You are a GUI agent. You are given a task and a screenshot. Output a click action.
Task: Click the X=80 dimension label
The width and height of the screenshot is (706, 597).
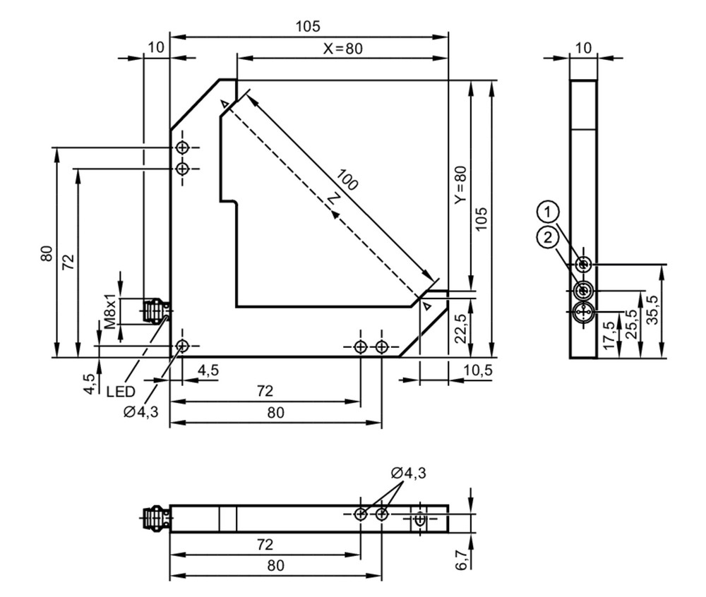(342, 48)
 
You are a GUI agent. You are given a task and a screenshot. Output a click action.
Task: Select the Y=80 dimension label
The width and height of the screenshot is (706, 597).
(460, 185)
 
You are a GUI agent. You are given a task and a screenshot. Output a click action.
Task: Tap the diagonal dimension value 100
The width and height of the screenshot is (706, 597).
(347, 179)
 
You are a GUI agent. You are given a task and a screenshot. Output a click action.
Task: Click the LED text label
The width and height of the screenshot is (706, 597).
(121, 392)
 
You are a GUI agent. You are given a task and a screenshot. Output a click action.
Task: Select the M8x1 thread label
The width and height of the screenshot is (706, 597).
(110, 312)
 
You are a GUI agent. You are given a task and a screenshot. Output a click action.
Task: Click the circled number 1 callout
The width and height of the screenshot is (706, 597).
(548, 212)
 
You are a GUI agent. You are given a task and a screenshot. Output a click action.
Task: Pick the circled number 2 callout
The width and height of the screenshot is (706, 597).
(548, 237)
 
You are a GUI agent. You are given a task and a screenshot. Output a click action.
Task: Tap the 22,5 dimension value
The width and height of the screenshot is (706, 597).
(460, 328)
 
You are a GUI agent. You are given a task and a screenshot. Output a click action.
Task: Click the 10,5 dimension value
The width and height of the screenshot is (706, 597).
(478, 370)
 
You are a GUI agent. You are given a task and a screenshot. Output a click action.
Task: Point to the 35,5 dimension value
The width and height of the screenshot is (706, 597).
(652, 309)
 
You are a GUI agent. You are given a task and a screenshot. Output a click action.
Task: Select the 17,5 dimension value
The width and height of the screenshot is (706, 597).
(609, 335)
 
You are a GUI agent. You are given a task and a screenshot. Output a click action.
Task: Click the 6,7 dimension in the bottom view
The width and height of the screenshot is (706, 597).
(462, 560)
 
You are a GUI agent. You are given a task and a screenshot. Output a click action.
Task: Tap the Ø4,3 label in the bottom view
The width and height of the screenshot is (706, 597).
(408, 473)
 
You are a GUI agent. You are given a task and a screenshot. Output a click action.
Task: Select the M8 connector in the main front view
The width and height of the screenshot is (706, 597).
(156, 310)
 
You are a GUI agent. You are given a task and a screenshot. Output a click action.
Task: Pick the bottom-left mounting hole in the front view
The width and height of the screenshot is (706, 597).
(182, 346)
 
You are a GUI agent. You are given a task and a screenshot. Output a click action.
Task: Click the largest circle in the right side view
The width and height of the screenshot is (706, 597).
(584, 311)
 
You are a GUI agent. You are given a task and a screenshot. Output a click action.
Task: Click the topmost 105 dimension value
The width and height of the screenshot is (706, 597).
(308, 27)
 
